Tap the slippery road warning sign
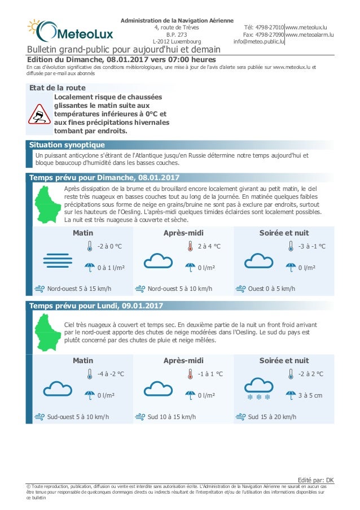pos(39,114)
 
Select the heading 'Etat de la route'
pos(58,88)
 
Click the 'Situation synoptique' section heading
pos(67,145)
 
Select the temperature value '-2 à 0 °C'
pos(109,246)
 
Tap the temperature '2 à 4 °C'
pos(209,246)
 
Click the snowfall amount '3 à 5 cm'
pos(310,395)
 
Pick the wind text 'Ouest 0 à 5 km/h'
pos(271,289)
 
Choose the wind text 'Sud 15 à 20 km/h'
pos(272,417)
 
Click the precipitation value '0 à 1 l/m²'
pos(110,268)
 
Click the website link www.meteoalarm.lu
pos(310,34)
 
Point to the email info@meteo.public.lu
pos(258,42)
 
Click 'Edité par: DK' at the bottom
pos(318,480)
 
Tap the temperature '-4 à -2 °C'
pos(111,374)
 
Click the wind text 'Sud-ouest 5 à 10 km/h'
pos(78,417)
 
